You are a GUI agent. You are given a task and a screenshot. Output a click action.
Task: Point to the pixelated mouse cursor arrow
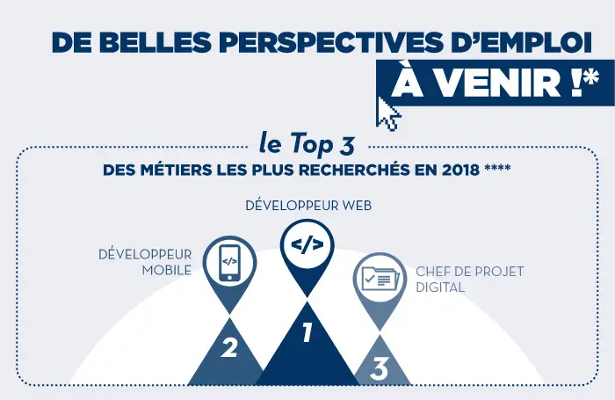(388, 113)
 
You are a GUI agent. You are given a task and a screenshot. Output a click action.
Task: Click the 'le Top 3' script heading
(307, 143)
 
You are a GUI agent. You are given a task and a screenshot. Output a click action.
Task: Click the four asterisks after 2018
(497, 168)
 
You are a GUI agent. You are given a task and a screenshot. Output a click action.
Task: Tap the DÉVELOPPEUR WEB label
(308, 206)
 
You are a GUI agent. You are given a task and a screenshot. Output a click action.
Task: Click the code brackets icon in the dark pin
(307, 244)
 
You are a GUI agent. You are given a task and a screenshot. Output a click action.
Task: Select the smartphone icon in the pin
(229, 263)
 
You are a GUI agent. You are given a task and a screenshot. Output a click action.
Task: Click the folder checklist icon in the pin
(380, 279)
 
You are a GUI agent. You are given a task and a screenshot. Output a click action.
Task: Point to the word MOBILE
(167, 270)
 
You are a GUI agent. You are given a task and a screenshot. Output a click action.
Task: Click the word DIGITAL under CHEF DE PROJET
(440, 287)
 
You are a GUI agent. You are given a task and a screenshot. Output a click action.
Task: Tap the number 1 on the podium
(307, 332)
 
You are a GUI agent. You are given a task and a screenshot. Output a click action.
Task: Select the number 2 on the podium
(229, 347)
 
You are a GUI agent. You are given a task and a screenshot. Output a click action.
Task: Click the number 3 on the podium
(379, 369)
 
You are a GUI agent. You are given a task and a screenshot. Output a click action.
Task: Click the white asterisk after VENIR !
(591, 77)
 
